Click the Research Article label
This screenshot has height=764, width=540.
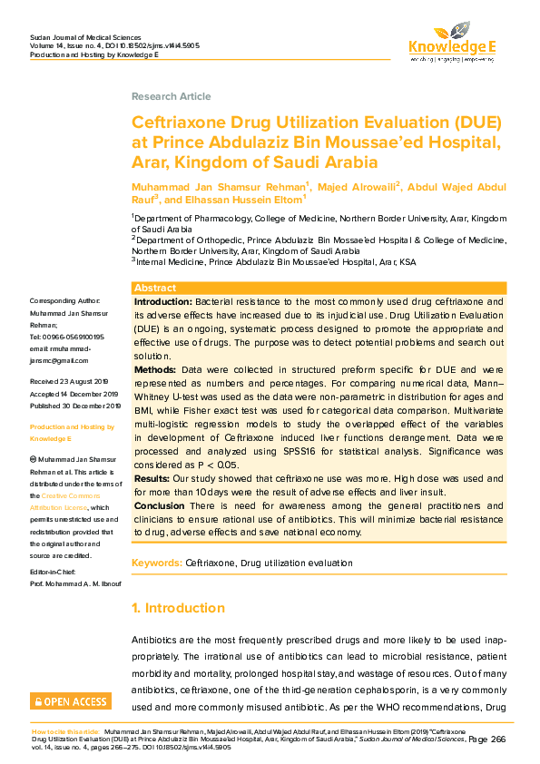171,96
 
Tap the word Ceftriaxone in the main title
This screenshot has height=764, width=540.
181,122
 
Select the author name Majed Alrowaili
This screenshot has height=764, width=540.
357,185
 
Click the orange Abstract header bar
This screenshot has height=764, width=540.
319,287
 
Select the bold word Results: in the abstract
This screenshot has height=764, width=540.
152,478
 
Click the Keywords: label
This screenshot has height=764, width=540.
156,563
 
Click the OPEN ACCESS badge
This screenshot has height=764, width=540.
71,701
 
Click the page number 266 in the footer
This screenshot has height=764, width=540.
497,740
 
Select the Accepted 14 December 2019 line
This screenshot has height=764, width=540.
74,395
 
